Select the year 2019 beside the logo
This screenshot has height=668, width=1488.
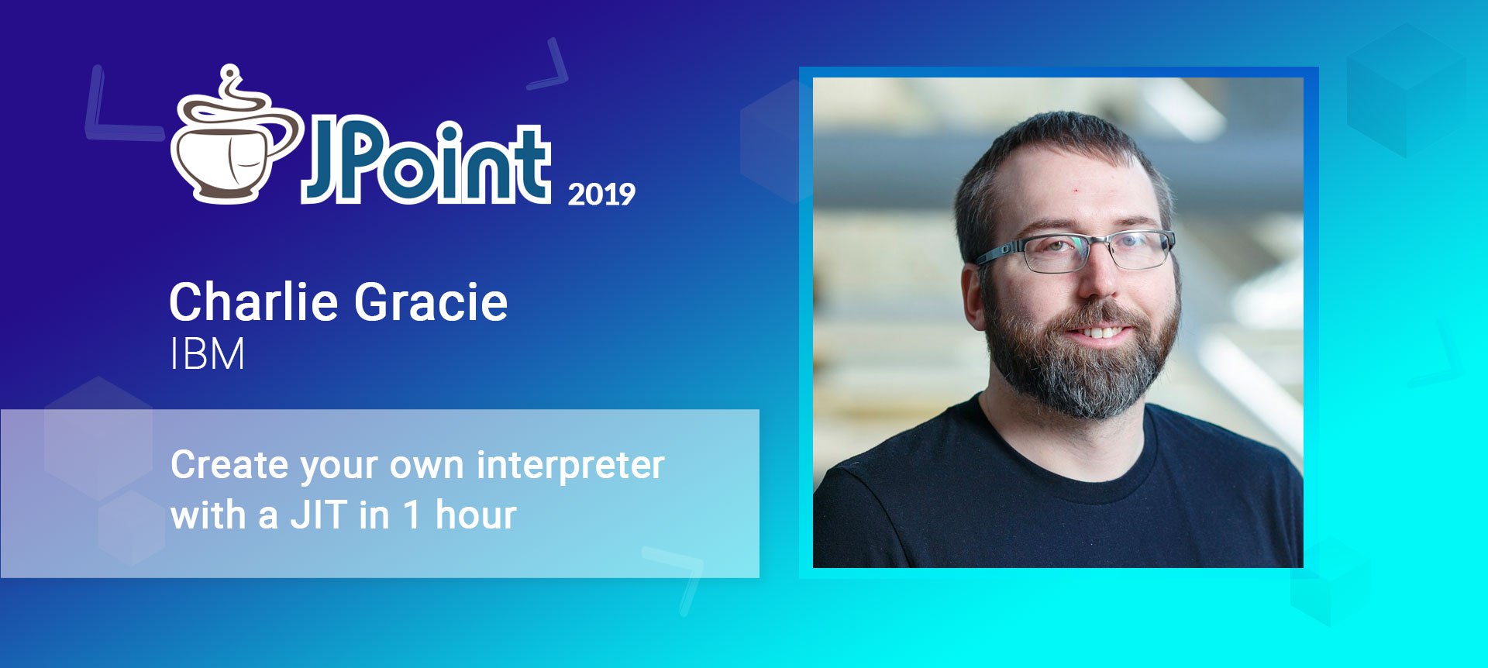tap(601, 194)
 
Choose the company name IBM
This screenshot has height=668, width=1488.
tap(208, 354)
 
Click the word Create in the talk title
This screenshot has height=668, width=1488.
tap(229, 465)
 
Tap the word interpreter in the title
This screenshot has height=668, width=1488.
tap(570, 465)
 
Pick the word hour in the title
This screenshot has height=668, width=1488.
tap(476, 515)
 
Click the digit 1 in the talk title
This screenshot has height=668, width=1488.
tap(413, 515)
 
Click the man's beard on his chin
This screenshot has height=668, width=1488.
tap(1085, 380)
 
